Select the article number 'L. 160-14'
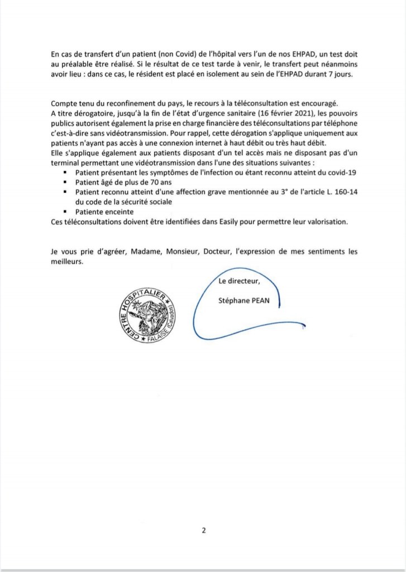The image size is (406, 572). (x=338, y=192)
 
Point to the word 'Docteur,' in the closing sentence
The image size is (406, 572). (x=217, y=251)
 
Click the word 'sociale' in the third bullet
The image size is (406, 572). (x=166, y=202)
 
